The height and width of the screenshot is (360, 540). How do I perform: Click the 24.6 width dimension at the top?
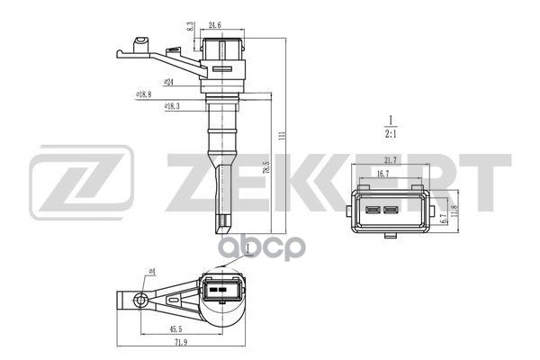click(216, 26)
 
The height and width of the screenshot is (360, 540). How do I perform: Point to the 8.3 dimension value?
click(190, 28)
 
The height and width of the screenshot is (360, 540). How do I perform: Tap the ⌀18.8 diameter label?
click(142, 93)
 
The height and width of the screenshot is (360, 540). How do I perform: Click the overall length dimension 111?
click(282, 134)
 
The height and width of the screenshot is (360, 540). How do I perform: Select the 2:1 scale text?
click(391, 135)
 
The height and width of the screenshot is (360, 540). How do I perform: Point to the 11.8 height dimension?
click(454, 211)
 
